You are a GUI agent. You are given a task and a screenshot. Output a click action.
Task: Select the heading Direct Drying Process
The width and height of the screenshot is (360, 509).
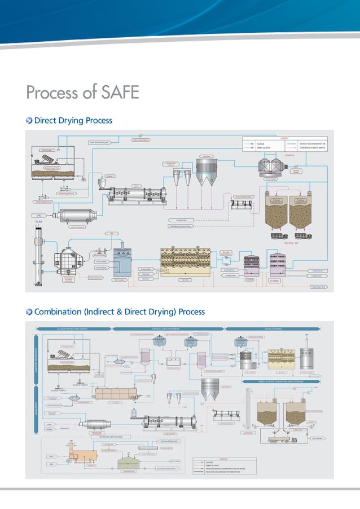point(73,121)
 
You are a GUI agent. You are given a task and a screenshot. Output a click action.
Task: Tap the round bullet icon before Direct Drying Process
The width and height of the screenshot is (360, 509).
point(29,121)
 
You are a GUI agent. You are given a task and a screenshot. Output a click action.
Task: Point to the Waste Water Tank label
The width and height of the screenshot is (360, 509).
point(319,287)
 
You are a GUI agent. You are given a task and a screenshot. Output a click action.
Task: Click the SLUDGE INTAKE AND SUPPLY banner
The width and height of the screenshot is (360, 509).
point(73,327)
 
